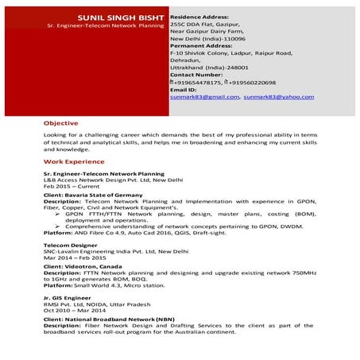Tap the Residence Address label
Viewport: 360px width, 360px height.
(x=199, y=16)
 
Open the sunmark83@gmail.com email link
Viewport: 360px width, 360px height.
(x=204, y=96)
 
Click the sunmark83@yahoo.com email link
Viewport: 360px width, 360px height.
(x=274, y=96)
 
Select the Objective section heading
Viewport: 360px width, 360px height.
(x=61, y=123)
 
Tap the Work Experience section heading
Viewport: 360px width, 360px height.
(x=74, y=161)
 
